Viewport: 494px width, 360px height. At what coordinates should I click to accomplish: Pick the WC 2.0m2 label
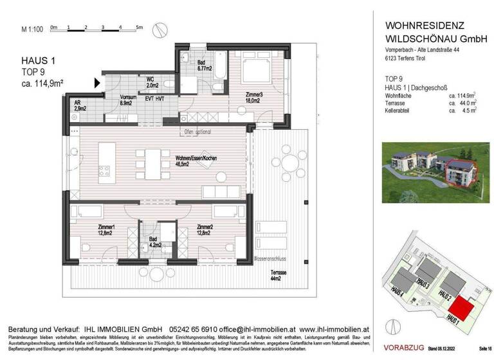click(x=152, y=82)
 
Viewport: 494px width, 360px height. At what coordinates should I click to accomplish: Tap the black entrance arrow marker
click(x=98, y=82)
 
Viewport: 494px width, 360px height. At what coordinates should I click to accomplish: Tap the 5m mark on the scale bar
click(x=139, y=28)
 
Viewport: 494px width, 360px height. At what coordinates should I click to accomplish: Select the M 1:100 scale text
click(x=32, y=29)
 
